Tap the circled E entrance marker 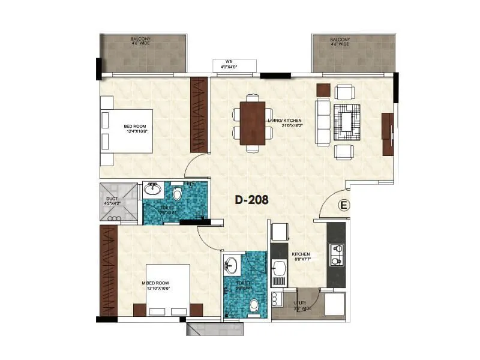pyautogui.click(x=344, y=205)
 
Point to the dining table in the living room pyautogui.click(x=252, y=123)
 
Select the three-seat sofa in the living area pyautogui.click(x=322, y=122)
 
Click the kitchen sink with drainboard pyautogui.click(x=279, y=272)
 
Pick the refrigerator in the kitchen pyautogui.click(x=280, y=233)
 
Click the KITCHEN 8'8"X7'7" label pyautogui.click(x=301, y=257)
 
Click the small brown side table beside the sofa pyautogui.click(x=323, y=89)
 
